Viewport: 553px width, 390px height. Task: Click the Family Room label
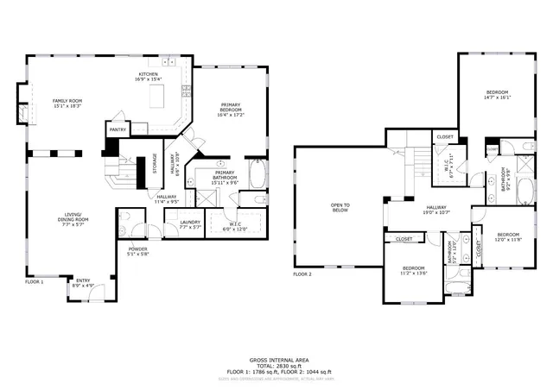[x=67, y=103]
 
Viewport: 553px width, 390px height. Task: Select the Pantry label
[x=118, y=130]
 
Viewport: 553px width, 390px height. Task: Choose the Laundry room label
[x=190, y=223]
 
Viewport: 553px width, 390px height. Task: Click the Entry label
[x=83, y=281]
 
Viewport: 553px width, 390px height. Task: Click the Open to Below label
[x=340, y=207]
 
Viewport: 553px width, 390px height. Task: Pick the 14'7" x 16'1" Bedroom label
[x=497, y=95]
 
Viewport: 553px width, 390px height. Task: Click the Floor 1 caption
[x=34, y=282]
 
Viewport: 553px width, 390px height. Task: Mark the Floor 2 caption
[x=302, y=274]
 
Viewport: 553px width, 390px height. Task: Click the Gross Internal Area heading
[x=279, y=359]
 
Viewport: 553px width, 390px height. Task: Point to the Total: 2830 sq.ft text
[x=279, y=365]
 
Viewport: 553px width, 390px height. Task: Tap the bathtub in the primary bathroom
[x=256, y=174]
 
